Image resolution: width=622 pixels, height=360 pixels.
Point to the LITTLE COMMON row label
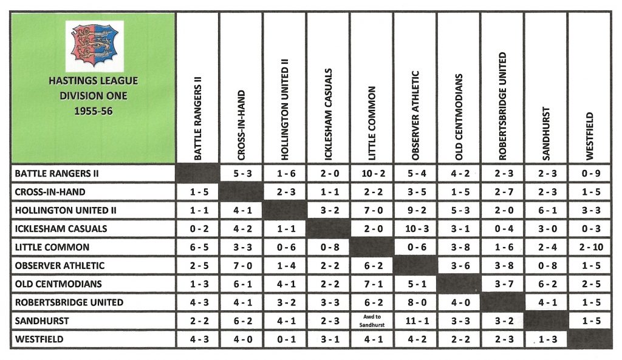click(52, 248)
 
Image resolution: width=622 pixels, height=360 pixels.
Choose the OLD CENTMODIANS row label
click(58, 284)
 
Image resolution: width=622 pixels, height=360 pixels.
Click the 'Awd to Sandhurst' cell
click(372, 321)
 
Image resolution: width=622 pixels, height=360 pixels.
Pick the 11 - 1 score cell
click(415, 321)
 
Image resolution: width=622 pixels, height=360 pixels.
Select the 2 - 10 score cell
click(590, 248)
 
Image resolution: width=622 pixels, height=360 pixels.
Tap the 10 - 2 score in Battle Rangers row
click(372, 174)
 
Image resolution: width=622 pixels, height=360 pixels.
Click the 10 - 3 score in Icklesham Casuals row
click(415, 229)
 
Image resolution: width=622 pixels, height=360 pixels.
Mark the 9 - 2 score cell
click(415, 211)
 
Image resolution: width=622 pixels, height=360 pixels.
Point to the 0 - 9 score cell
click(590, 174)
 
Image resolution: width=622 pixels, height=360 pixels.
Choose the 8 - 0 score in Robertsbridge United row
click(415, 303)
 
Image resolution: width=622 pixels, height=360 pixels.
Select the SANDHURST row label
click(42, 321)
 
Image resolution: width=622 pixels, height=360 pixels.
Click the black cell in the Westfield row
click(590, 340)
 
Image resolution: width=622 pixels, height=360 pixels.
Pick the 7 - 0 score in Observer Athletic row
click(241, 266)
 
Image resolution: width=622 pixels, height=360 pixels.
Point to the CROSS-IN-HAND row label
click(50, 192)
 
